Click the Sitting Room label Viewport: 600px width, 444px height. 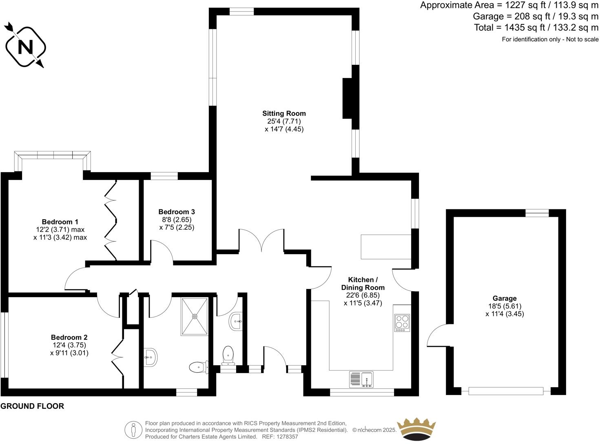(x=284, y=113)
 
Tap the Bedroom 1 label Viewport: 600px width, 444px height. (x=60, y=222)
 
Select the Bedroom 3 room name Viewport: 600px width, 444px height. (x=176, y=212)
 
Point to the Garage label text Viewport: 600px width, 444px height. (x=504, y=298)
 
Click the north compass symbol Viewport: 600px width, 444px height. (x=25, y=47)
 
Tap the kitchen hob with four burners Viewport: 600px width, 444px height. (x=402, y=323)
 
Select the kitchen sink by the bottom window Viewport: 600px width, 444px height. (x=361, y=379)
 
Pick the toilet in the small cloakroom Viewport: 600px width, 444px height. (x=228, y=355)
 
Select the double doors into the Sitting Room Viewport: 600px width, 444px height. (x=261, y=240)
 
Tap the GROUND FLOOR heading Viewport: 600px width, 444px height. (x=32, y=406)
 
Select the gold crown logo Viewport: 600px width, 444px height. (x=416, y=429)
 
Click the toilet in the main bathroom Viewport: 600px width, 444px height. (x=198, y=367)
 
